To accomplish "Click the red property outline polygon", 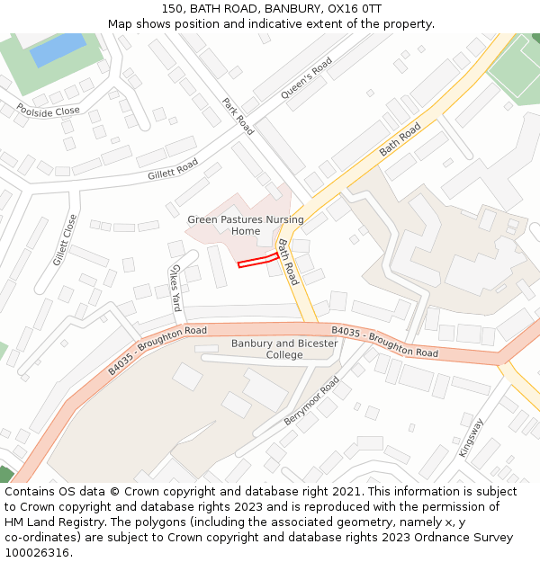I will click(257, 261).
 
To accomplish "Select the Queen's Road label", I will click(307, 78).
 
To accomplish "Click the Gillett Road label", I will click(173, 169).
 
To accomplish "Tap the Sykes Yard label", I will click(175, 289).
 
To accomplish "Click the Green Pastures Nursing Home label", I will click(246, 225).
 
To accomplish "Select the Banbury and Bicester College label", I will click(284, 349).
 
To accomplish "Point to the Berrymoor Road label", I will click(311, 401).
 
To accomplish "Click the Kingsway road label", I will click(472, 437).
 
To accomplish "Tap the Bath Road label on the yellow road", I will click(400, 139).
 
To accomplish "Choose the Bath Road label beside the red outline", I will click(288, 262).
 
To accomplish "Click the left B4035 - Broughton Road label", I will click(157, 351).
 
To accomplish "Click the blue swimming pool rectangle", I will click(58, 49).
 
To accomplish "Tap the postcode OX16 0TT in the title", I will click(359, 9).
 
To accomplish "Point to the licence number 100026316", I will click(37, 552).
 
